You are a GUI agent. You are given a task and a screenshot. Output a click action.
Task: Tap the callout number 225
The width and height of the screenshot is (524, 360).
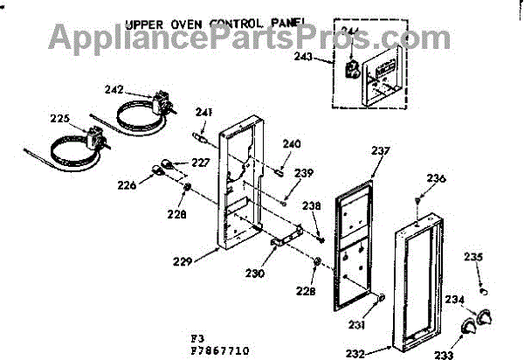click(59, 117)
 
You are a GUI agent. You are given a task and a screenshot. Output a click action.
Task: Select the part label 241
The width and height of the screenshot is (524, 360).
click(203, 111)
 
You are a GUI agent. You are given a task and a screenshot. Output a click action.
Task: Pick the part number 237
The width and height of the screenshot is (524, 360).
click(380, 150)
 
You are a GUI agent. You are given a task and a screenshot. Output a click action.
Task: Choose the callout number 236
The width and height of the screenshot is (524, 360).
click(436, 178)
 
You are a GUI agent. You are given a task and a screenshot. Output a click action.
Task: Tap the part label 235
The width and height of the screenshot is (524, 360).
click(472, 257)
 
